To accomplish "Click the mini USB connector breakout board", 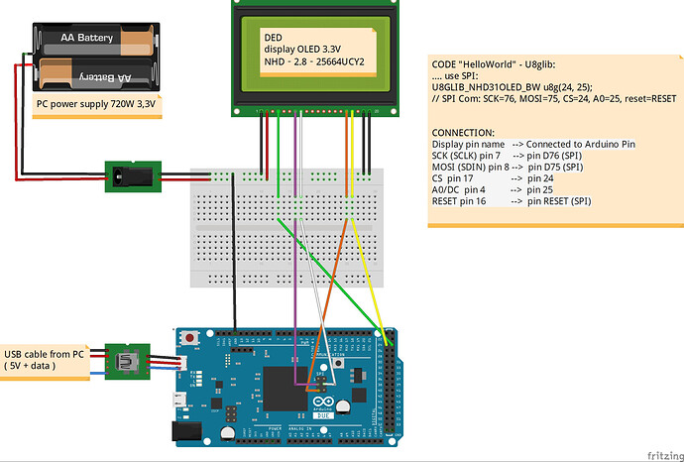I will click(x=129, y=361).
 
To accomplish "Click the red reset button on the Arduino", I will click(x=201, y=341).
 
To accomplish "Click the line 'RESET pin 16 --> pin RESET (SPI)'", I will click(x=512, y=201).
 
